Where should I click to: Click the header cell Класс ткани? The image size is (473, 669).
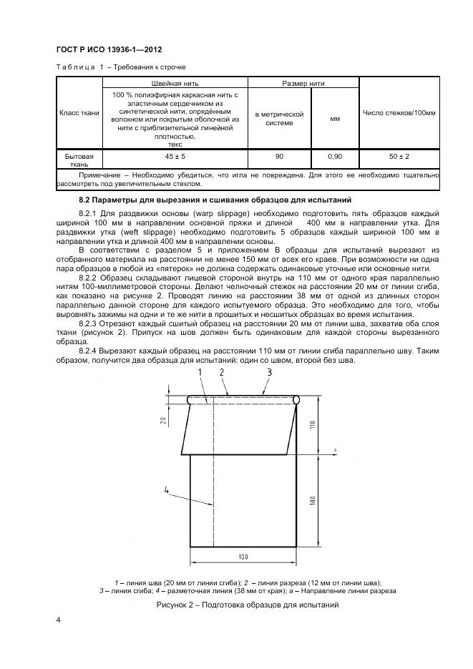79,113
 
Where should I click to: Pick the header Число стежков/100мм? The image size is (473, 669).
399,113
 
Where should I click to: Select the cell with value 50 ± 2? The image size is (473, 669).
399,155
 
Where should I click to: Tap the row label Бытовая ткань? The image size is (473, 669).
79,160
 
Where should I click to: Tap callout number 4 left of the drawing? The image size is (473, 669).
166,489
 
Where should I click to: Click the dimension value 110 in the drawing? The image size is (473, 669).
313,425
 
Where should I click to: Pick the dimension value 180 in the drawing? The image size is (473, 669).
313,502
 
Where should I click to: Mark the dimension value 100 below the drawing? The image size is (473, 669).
243,555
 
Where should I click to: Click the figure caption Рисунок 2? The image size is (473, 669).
247,605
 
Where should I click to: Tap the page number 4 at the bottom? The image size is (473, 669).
58,639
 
